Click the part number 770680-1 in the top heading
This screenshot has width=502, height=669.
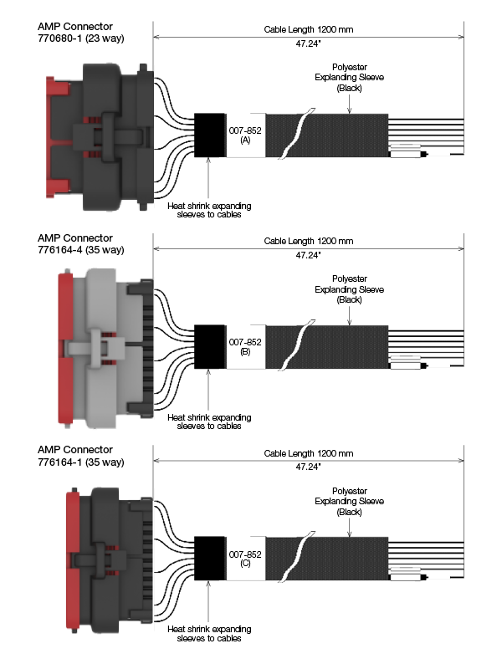(59, 38)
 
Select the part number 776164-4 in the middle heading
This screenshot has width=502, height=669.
(59, 249)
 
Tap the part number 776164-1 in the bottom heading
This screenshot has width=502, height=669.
(59, 462)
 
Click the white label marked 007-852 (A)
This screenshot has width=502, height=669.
(245, 135)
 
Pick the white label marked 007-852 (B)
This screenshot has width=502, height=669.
(245, 347)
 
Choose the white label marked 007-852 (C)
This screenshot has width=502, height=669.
(245, 559)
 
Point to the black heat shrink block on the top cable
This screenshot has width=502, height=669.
(210, 135)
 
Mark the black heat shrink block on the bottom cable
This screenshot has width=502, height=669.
(210, 559)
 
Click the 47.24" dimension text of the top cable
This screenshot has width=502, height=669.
(308, 43)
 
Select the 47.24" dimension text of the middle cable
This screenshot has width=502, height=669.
(308, 255)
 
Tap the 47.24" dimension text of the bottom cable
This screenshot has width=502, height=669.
(308, 467)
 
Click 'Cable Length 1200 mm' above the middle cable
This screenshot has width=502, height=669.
(309, 241)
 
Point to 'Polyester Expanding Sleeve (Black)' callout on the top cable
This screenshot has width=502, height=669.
(349, 78)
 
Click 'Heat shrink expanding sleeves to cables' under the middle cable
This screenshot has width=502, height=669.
(209, 421)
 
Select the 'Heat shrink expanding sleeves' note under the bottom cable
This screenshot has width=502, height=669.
(209, 634)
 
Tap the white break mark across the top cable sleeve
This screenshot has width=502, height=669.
(297, 134)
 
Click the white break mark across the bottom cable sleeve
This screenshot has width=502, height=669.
(297, 557)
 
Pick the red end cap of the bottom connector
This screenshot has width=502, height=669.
(73, 561)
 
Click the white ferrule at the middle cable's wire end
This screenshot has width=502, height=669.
(406, 365)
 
